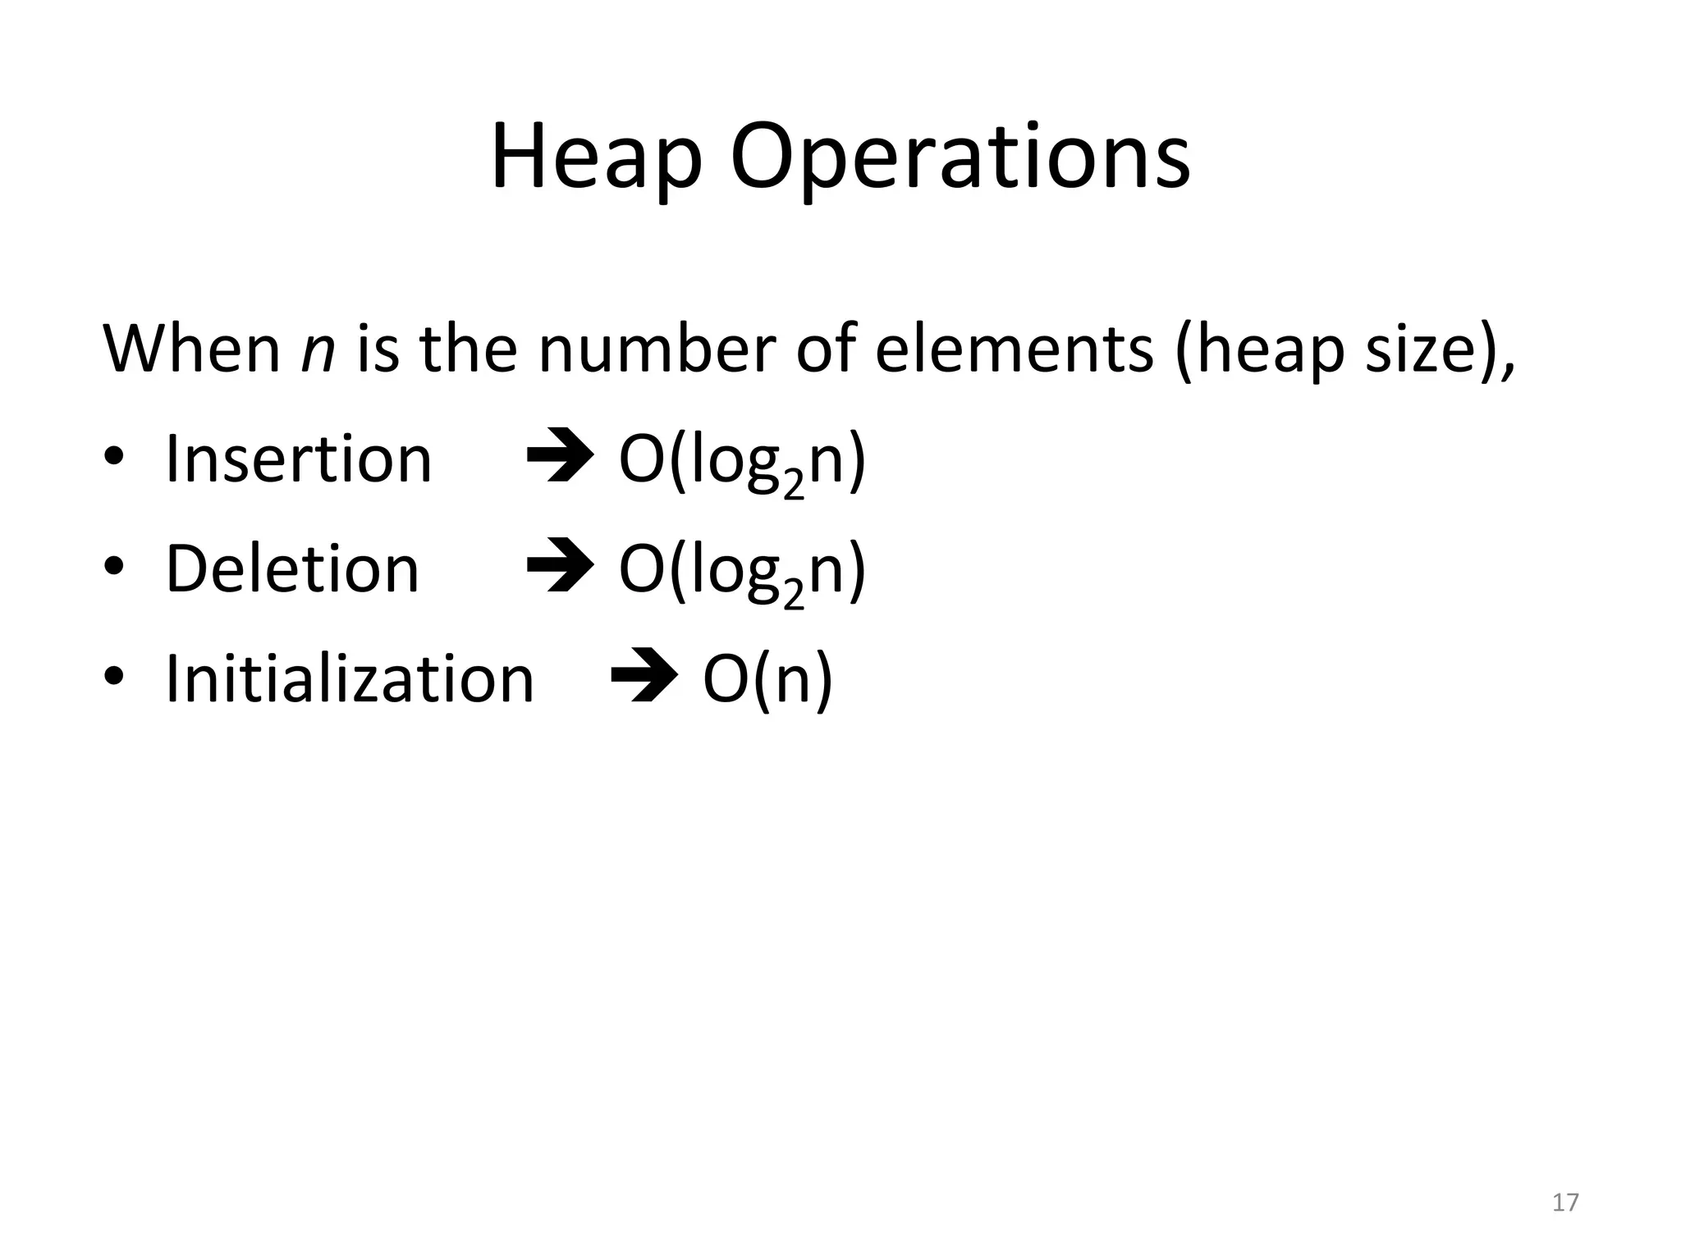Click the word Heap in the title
(595, 157)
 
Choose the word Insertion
(298, 459)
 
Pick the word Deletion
(292, 569)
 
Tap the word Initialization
(349, 679)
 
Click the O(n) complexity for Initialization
(767, 679)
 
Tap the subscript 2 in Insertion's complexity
(793, 486)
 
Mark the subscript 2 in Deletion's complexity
(793, 596)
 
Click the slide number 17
(1565, 1203)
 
